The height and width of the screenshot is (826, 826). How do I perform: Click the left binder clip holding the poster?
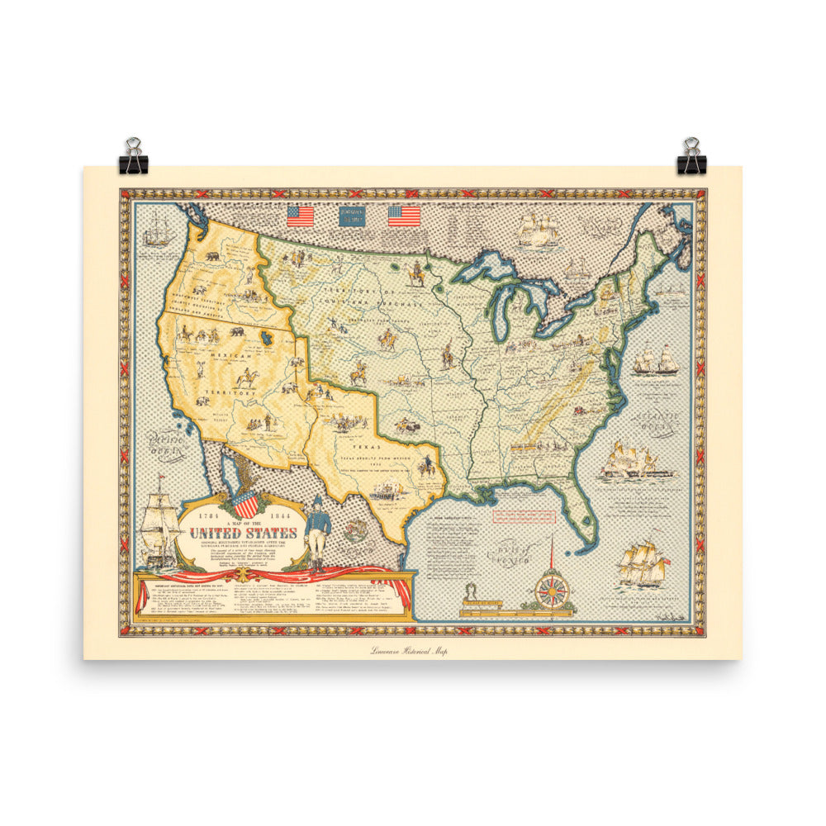coord(132,157)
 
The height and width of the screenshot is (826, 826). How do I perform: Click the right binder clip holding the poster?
coord(691,157)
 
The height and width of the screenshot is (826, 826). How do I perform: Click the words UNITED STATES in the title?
coord(244,533)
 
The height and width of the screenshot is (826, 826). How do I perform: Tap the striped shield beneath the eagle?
coord(246,505)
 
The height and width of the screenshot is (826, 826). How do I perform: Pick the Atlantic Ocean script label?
coord(658,421)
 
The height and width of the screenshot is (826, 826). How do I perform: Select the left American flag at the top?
coord(301,216)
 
